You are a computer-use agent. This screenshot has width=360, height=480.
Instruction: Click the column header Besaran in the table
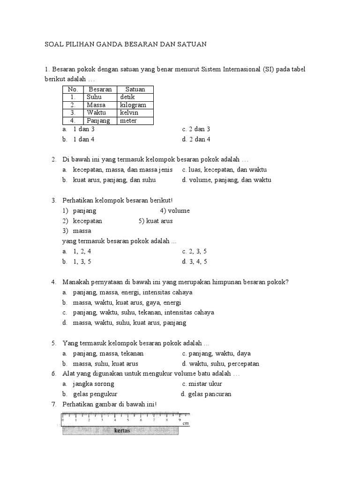[x=100, y=89]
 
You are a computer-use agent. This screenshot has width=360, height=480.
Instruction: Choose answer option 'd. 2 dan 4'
[x=196, y=139]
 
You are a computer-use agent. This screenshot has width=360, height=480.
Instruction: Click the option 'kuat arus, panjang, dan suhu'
[x=114, y=180]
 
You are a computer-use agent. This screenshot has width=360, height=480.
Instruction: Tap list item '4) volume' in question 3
[x=174, y=210]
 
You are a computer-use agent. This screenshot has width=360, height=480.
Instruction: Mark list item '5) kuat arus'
[x=156, y=221]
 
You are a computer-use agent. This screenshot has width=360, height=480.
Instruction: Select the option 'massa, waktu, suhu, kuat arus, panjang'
[x=129, y=322]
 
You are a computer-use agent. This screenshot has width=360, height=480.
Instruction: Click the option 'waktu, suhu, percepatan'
[x=223, y=363]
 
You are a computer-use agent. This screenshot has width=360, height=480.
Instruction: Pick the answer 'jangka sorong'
[x=93, y=383]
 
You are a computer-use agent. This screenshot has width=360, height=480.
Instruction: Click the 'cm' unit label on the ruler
[x=186, y=423]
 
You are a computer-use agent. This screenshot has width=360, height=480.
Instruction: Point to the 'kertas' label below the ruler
[x=122, y=431]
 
